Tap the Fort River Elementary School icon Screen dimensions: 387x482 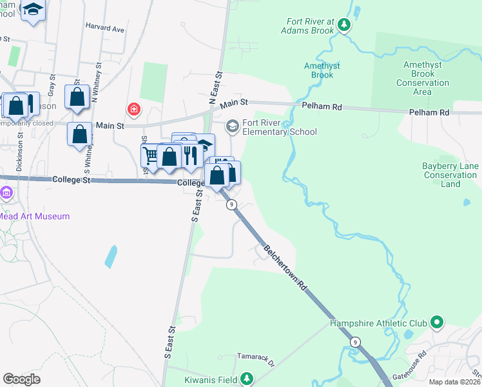click(233, 124)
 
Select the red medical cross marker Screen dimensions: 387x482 click(133, 109)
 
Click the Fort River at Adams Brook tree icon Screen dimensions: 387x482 click(345, 25)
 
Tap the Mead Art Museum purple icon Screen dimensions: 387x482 click(6, 193)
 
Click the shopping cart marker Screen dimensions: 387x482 click(150, 155)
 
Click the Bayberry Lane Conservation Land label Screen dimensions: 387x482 click(450, 175)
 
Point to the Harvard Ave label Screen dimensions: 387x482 click(104, 29)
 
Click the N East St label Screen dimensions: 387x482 click(215, 89)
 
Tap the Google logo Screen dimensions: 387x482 click(21, 379)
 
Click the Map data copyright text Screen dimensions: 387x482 click(456, 382)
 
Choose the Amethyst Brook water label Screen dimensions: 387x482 click(322, 70)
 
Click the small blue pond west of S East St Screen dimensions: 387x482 click(110, 256)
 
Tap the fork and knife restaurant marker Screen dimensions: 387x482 click(189, 155)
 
